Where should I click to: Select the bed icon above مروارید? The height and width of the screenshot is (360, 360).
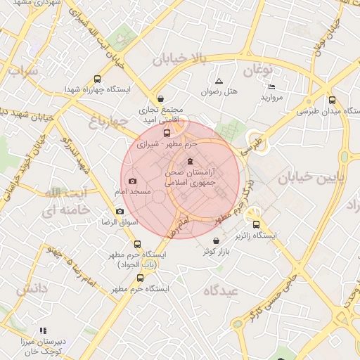click(271, 86)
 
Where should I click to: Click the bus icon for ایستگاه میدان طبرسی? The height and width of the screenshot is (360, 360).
click(332, 100)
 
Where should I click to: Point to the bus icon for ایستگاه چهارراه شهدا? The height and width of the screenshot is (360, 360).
click(97, 79)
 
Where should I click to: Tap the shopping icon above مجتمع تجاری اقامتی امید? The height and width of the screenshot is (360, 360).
click(162, 98)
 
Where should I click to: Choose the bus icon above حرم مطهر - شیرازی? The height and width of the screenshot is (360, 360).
click(167, 132)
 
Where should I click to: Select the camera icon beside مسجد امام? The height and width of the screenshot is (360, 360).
click(133, 181)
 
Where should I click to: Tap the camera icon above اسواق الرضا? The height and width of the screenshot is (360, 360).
click(120, 212)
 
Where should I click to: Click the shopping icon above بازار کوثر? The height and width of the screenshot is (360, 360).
click(216, 241)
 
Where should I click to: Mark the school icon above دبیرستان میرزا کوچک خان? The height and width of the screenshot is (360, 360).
click(43, 330)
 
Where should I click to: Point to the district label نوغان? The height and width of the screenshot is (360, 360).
click(259, 71)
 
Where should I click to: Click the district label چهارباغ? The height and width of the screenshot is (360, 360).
click(108, 122)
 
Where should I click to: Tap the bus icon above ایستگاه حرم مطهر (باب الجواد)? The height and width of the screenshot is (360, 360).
click(136, 243)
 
